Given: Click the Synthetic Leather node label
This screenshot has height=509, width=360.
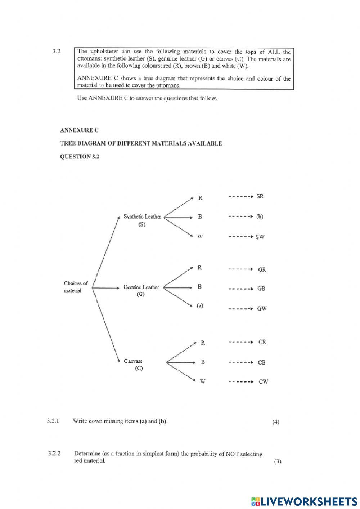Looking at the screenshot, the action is click(x=142, y=217).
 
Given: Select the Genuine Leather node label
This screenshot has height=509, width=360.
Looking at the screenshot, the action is click(x=141, y=287).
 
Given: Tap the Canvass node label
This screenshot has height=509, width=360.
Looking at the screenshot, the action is click(x=133, y=361).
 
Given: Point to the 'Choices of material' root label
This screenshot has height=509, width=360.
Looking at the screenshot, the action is click(x=75, y=287).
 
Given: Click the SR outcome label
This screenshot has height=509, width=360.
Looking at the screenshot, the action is click(x=260, y=197).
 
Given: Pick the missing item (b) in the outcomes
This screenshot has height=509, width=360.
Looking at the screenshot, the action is click(x=260, y=217).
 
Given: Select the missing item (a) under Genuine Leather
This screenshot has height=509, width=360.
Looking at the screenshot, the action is click(x=200, y=306).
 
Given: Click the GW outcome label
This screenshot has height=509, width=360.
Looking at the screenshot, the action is click(x=262, y=309).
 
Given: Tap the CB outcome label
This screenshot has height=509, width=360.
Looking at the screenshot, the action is click(x=262, y=363).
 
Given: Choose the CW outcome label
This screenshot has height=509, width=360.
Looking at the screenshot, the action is click(x=263, y=382).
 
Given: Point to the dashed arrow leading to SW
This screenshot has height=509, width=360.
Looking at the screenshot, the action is click(x=240, y=237).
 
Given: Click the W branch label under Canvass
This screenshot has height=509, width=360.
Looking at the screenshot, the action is click(x=203, y=381).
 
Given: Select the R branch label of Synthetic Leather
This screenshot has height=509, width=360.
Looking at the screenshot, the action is click(x=200, y=198).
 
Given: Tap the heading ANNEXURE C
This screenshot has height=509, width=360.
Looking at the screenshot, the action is click(x=79, y=130).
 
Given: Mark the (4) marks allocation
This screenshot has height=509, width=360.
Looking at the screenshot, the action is click(x=276, y=422).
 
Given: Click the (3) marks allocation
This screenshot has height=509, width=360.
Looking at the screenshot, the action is click(x=277, y=461).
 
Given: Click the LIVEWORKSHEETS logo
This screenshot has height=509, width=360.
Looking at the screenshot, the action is click(x=304, y=501).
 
